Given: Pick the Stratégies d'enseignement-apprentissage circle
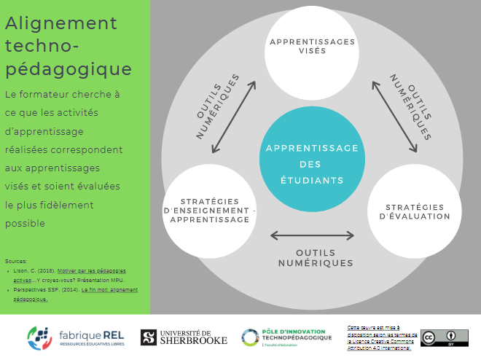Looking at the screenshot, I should pos(210,211).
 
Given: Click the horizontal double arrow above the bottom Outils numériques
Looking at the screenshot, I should pos(312,235).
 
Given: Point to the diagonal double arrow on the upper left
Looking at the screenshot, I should pos(233,117).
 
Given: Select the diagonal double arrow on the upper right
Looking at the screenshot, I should pos(394,117).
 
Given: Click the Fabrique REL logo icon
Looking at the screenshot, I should pos(39,337).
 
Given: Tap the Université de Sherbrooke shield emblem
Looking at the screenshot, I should pos(148,337).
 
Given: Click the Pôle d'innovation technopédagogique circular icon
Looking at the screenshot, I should pos(251,337).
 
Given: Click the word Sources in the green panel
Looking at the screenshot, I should pos(15,260).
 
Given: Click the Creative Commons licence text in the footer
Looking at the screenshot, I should pos(379,337).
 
